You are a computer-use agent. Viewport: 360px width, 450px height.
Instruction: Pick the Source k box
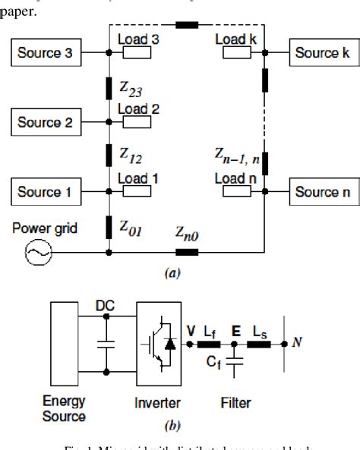(321, 52)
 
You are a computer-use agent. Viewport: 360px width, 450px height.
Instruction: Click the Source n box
(321, 192)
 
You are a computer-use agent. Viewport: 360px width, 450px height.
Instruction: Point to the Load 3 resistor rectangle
(137, 53)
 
